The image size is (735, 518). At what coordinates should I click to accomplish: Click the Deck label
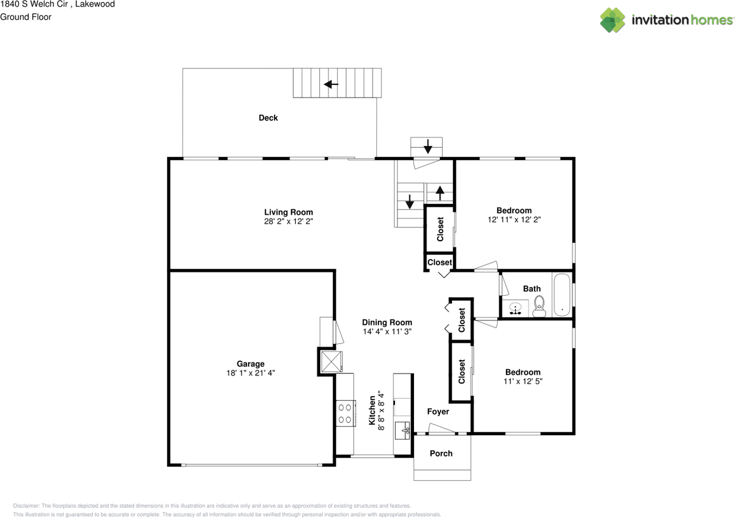268,118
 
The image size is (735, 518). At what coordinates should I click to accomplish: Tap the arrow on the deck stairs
331,84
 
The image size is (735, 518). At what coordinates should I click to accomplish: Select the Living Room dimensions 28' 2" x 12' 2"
288,221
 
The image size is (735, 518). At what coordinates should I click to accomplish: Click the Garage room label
250,364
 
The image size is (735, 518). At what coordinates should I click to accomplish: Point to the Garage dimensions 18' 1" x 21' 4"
250,373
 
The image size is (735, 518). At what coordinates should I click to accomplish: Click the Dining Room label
386,322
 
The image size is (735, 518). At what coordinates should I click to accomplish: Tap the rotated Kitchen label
372,410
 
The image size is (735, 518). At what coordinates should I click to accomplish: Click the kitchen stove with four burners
345,413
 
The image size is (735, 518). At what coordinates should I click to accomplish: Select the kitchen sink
403,428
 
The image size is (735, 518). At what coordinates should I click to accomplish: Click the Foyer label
438,412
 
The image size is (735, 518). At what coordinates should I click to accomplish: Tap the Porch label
441,454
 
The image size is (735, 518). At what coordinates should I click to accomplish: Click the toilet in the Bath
539,306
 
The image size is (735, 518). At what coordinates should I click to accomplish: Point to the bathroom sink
516,308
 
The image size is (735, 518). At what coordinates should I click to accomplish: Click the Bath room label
532,288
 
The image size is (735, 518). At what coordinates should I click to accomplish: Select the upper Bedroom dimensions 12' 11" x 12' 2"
514,219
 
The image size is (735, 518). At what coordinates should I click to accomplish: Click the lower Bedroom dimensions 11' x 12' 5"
523,381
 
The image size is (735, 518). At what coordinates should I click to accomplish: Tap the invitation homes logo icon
613,20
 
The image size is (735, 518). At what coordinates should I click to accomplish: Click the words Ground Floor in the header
26,17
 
